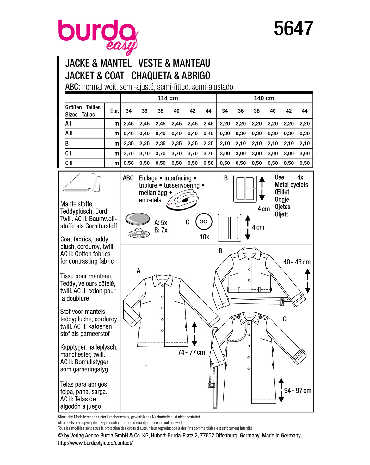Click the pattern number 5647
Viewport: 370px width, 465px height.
click(293, 28)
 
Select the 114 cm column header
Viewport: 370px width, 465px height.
click(168, 98)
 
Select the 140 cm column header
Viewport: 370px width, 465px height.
click(264, 98)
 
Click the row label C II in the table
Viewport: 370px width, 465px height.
click(69, 163)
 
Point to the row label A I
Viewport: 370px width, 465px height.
click(68, 123)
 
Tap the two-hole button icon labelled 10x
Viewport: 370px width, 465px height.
click(204, 221)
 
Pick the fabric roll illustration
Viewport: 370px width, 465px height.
click(82, 182)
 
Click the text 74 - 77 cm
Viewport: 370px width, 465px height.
click(191, 352)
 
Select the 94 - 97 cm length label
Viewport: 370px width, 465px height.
click(298, 390)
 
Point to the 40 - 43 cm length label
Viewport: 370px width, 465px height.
click(297, 262)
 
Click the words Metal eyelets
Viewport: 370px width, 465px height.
click(291, 185)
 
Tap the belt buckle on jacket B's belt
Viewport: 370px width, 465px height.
click(282, 302)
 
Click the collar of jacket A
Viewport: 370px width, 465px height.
click(163, 281)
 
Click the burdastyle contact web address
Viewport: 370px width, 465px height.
click(95, 443)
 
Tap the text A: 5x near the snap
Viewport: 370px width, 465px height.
click(160, 223)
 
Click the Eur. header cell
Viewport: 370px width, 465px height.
click(114, 111)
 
